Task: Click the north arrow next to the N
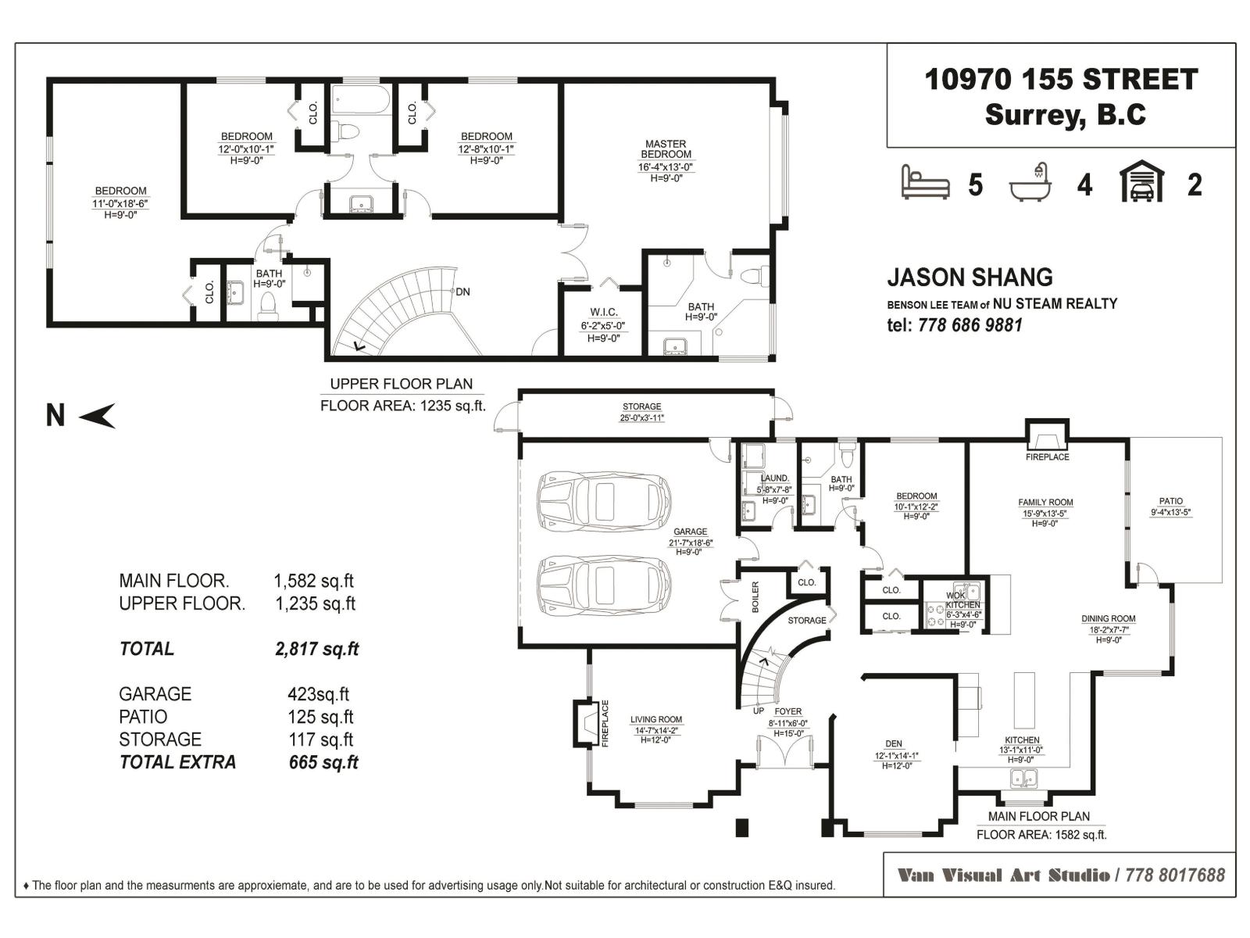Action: (98, 416)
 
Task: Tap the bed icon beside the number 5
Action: (925, 183)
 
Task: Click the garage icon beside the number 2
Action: (1141, 183)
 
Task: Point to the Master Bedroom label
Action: (666, 149)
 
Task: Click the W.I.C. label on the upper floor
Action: (604, 313)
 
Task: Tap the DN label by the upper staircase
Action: (462, 292)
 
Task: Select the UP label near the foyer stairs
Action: (758, 711)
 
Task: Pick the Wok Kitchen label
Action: (962, 600)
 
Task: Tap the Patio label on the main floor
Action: (1170, 501)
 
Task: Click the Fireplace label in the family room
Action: (1047, 457)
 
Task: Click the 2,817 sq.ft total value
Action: (316, 649)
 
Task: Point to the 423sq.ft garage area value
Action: (318, 694)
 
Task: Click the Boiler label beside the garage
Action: (755, 596)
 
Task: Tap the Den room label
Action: (894, 744)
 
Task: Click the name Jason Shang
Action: (970, 277)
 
